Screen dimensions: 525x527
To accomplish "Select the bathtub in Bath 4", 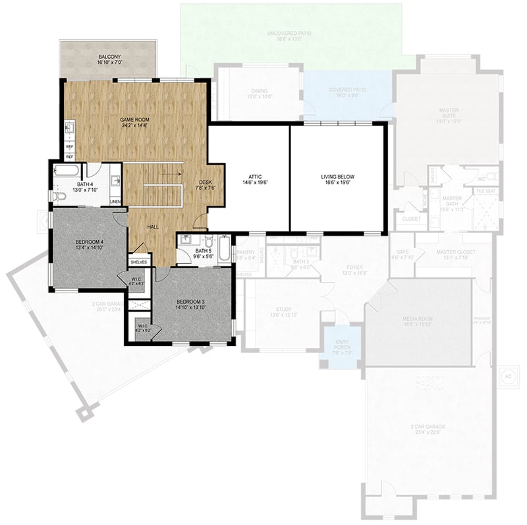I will point(67,171).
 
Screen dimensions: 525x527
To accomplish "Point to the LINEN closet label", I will point(115,202).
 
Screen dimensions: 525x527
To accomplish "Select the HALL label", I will point(153,227).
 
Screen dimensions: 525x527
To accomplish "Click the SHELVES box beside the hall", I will point(138,262).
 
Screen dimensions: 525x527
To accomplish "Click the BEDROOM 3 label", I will point(191,302).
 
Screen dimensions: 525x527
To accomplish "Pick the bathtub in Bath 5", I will point(225,248).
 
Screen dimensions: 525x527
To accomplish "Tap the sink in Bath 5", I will point(186,239).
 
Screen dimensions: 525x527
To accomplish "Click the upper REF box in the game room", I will point(69,147).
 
